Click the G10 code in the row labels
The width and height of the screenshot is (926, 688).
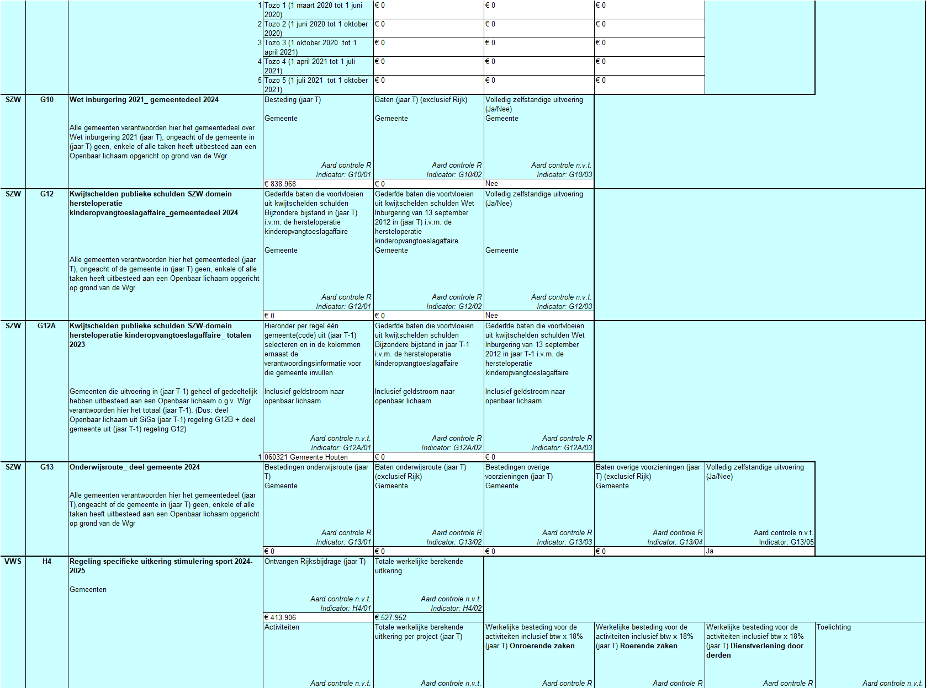(47, 100)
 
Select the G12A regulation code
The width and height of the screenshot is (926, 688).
(46, 326)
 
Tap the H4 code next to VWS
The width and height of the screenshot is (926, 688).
(47, 562)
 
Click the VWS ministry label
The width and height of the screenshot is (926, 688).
(13, 562)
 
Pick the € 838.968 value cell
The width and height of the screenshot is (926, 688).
(281, 184)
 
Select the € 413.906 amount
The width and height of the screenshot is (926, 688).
(281, 618)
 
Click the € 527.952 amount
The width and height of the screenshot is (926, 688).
(391, 618)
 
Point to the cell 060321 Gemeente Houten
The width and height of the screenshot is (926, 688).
(306, 457)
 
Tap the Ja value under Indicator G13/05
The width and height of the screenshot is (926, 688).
(710, 551)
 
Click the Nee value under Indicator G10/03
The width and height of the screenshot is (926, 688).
(492, 184)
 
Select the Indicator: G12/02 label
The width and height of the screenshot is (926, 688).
(454, 307)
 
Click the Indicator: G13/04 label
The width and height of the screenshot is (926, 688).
(675, 542)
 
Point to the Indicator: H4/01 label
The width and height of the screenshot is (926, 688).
(346, 609)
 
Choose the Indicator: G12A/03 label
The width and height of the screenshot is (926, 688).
(562, 448)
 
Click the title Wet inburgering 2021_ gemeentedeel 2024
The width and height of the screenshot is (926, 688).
(144, 100)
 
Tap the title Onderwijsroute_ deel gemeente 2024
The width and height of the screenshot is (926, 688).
(135, 467)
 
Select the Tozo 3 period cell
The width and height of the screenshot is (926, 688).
(311, 47)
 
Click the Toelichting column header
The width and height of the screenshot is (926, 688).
(834, 627)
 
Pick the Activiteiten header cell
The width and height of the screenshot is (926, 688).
(282, 627)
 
